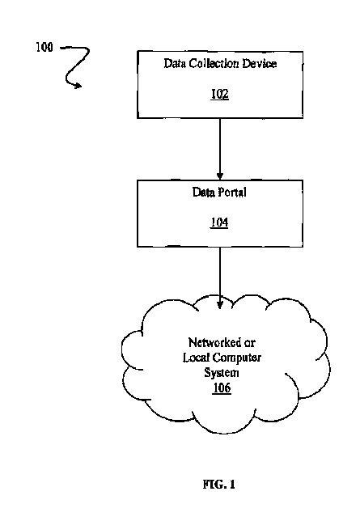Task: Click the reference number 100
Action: pos(44,47)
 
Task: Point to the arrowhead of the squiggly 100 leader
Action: pos(78,86)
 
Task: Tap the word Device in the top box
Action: pos(259,63)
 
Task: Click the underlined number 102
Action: pos(220,94)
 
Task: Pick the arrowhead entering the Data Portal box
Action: pos(220,176)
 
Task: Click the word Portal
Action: pos(232,192)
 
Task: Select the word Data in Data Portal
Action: pos(203,192)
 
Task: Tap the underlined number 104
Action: pos(219,222)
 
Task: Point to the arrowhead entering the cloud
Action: pos(220,305)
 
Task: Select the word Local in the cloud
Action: pos(196,358)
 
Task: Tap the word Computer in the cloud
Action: pos(237,358)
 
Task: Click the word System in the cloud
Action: pos(222,373)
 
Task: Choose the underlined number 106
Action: pos(222,388)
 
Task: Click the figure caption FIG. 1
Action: pos(219,484)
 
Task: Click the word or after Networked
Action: pos(250,342)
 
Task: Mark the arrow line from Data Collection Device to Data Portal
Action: pos(220,149)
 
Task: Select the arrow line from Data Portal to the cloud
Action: pos(220,277)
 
